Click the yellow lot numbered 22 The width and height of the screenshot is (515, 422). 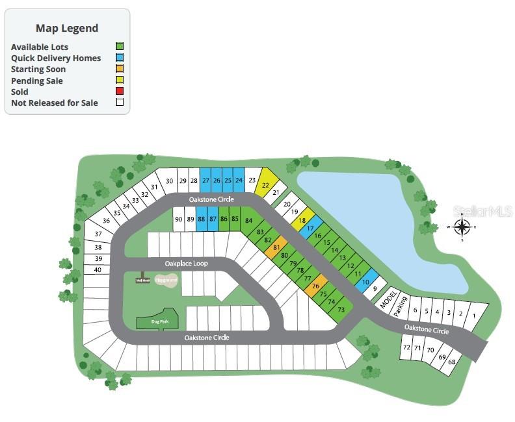point(265,185)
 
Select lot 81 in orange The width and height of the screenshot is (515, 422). point(276,247)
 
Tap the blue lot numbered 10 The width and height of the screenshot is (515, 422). point(365,282)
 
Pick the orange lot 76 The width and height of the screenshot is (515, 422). point(316,286)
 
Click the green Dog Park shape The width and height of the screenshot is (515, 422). point(155,319)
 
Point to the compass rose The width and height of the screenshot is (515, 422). point(462,227)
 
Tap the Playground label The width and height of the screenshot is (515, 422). point(166,280)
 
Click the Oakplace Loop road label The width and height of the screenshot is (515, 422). point(186,264)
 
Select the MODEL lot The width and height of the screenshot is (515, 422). point(388,299)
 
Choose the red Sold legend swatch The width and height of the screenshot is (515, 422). point(120,92)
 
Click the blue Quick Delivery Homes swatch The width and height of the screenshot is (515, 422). point(120,58)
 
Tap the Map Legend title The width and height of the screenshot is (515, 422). point(67,28)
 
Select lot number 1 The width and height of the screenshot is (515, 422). point(474,316)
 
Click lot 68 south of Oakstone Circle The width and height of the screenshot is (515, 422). point(451,362)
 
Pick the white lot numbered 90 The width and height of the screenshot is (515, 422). point(179,219)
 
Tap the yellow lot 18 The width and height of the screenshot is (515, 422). point(302,221)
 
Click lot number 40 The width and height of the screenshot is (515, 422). point(98,269)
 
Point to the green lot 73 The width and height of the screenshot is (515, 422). point(341,310)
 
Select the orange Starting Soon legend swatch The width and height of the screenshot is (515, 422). point(120,69)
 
